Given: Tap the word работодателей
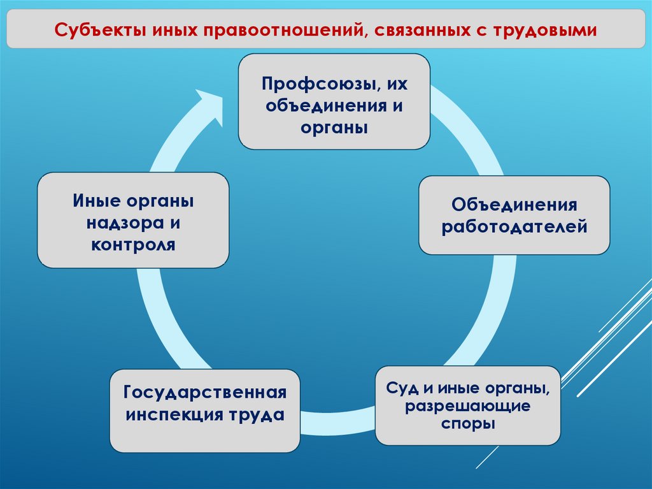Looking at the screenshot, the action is click(514, 226).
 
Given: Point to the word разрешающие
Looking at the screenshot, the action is click(468, 405).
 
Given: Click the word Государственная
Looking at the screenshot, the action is click(204, 392).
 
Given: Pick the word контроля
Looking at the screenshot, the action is click(133, 245).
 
